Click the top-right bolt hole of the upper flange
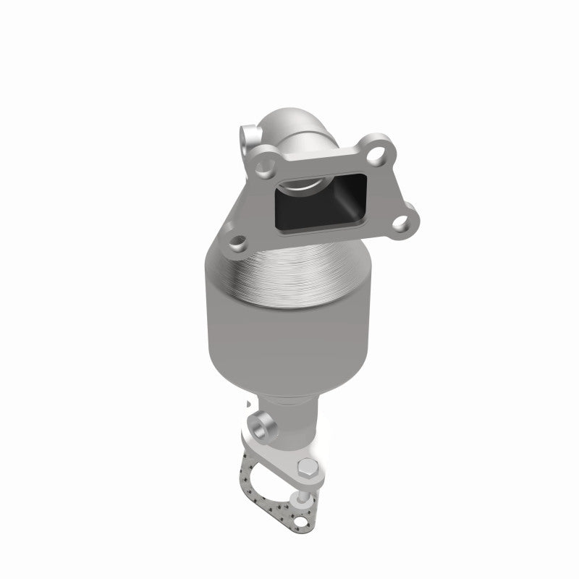[375, 154]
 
